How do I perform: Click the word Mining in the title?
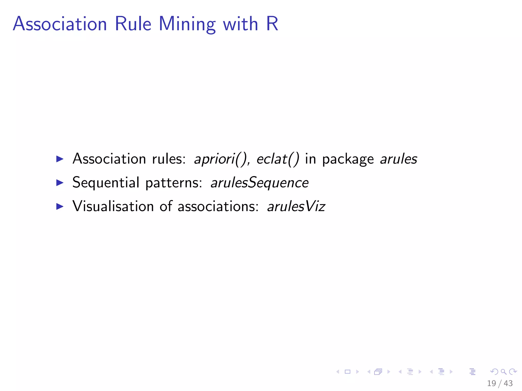(187, 24)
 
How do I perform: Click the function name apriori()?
(220, 159)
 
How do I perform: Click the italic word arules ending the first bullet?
(398, 159)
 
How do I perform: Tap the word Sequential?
(106, 183)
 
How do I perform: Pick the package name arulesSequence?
(259, 183)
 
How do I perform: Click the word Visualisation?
(113, 206)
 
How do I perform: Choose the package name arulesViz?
(296, 206)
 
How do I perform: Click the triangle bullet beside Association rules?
(60, 159)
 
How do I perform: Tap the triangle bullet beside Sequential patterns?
(60, 183)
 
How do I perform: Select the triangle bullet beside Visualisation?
(60, 206)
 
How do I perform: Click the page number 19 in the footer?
(491, 383)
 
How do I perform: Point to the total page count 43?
(508, 383)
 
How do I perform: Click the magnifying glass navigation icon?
(503, 372)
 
